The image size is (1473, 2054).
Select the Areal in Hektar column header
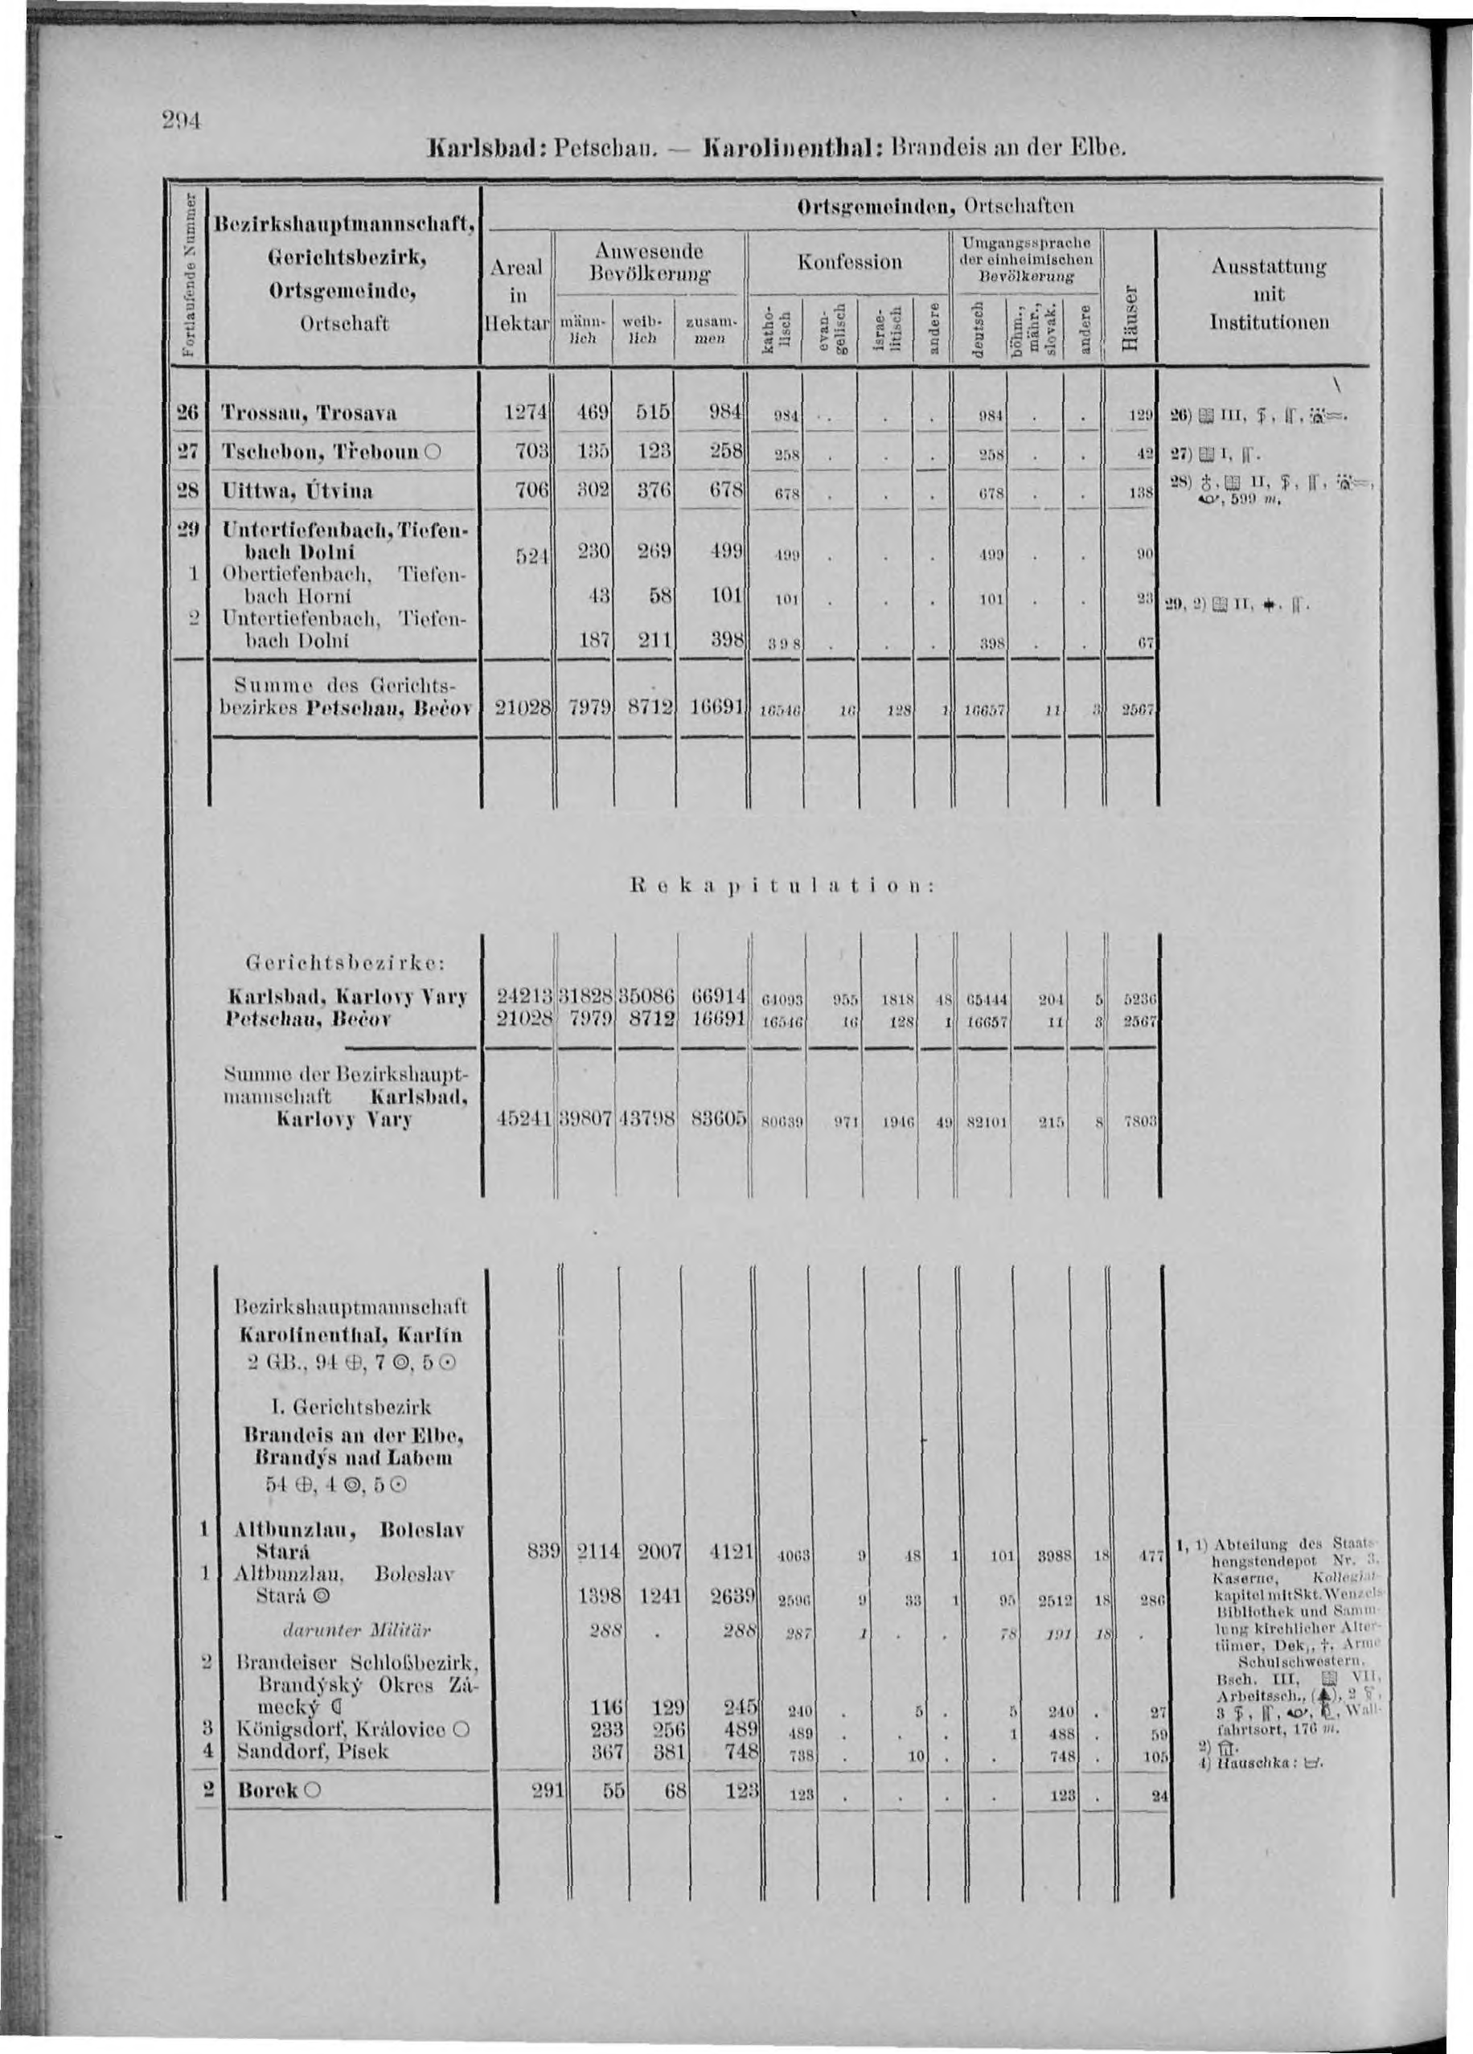518,295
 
